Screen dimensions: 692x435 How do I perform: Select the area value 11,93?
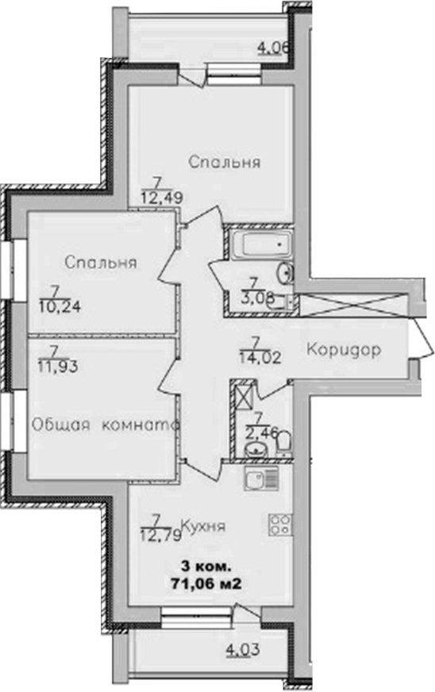click(x=54, y=364)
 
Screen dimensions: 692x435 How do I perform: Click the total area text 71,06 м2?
click(x=206, y=582)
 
